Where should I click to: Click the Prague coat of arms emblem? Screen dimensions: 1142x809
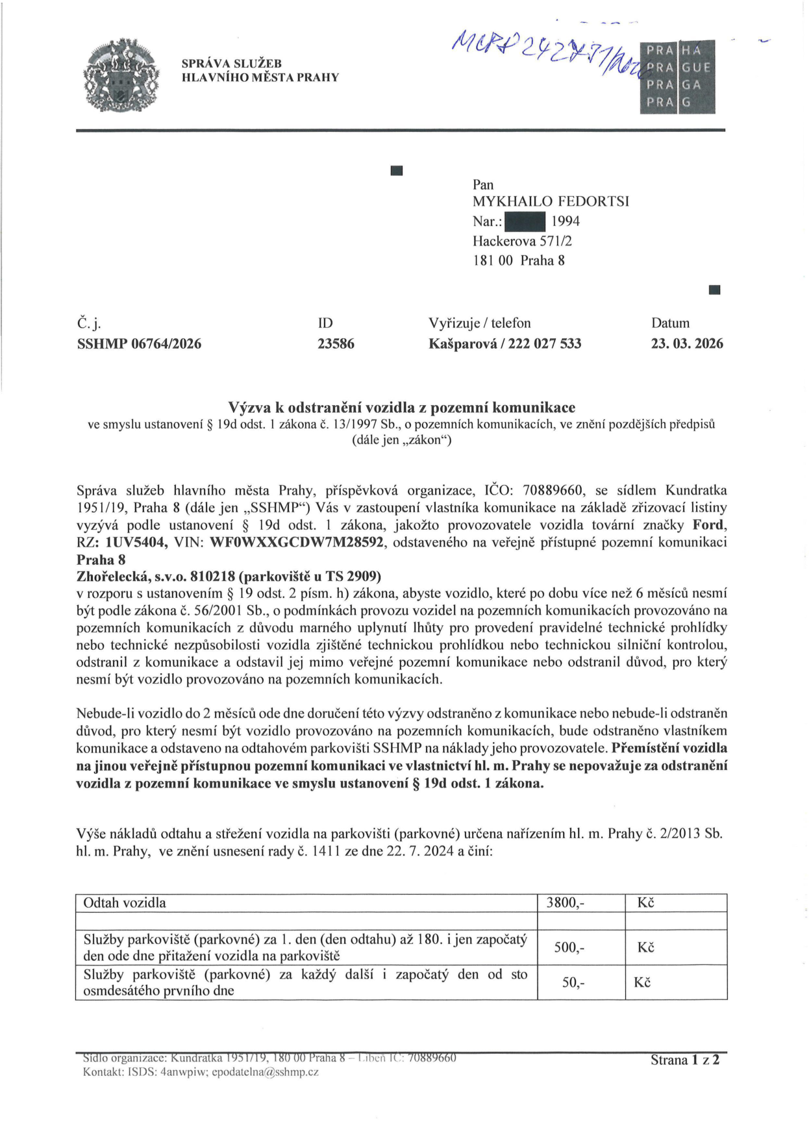click(121, 75)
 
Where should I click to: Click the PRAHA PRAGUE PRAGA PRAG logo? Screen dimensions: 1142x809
click(677, 77)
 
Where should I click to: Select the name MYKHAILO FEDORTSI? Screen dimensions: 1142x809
click(551, 201)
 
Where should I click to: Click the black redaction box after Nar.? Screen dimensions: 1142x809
click(525, 221)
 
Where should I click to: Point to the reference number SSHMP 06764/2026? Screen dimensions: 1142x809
click(139, 343)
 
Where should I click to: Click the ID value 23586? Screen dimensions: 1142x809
click(336, 343)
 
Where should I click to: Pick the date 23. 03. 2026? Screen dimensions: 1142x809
click(686, 343)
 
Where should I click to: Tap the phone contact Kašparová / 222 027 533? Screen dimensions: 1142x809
click(504, 343)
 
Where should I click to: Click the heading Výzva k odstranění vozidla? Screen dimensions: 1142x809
click(401, 407)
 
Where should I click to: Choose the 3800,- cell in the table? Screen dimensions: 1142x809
click(566, 902)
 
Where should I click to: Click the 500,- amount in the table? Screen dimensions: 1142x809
click(569, 947)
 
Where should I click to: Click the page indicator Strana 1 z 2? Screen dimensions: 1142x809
click(685, 1060)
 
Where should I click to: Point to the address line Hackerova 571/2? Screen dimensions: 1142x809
click(522, 241)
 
